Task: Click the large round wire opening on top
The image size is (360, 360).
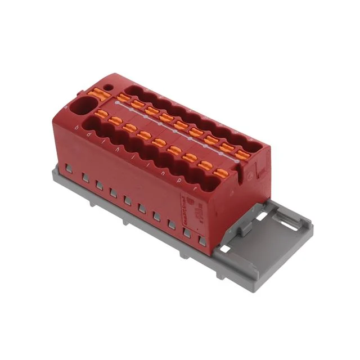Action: [83, 106]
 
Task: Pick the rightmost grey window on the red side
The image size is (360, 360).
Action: [202, 241]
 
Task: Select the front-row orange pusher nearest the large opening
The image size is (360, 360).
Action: [101, 114]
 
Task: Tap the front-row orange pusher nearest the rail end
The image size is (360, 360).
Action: [223, 173]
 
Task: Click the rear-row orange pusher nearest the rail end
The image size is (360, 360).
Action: [243, 153]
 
